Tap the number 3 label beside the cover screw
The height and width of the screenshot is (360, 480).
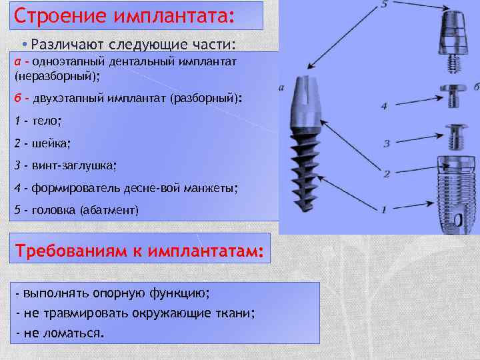click(x=386, y=143)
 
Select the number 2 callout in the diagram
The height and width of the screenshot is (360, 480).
click(x=385, y=175)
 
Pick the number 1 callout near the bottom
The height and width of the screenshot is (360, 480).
click(x=384, y=209)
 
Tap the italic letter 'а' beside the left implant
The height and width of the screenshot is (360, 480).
click(x=283, y=87)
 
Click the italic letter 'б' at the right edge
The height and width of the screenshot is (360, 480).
click(x=476, y=87)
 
